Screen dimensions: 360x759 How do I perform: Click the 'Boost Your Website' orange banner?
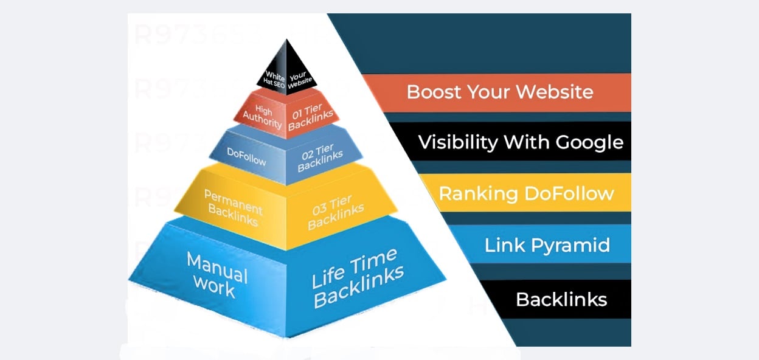[500, 92]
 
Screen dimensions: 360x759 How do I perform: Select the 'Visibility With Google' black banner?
[520, 142]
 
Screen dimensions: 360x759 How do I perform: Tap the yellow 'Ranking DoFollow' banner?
[526, 193]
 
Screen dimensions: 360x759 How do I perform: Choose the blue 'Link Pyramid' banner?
[547, 245]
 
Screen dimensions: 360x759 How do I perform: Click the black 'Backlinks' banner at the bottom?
[561, 299]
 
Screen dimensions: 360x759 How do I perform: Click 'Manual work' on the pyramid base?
[217, 274]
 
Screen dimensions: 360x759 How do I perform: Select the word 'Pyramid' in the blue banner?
[575, 245]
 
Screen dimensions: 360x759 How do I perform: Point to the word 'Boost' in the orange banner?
[432, 92]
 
